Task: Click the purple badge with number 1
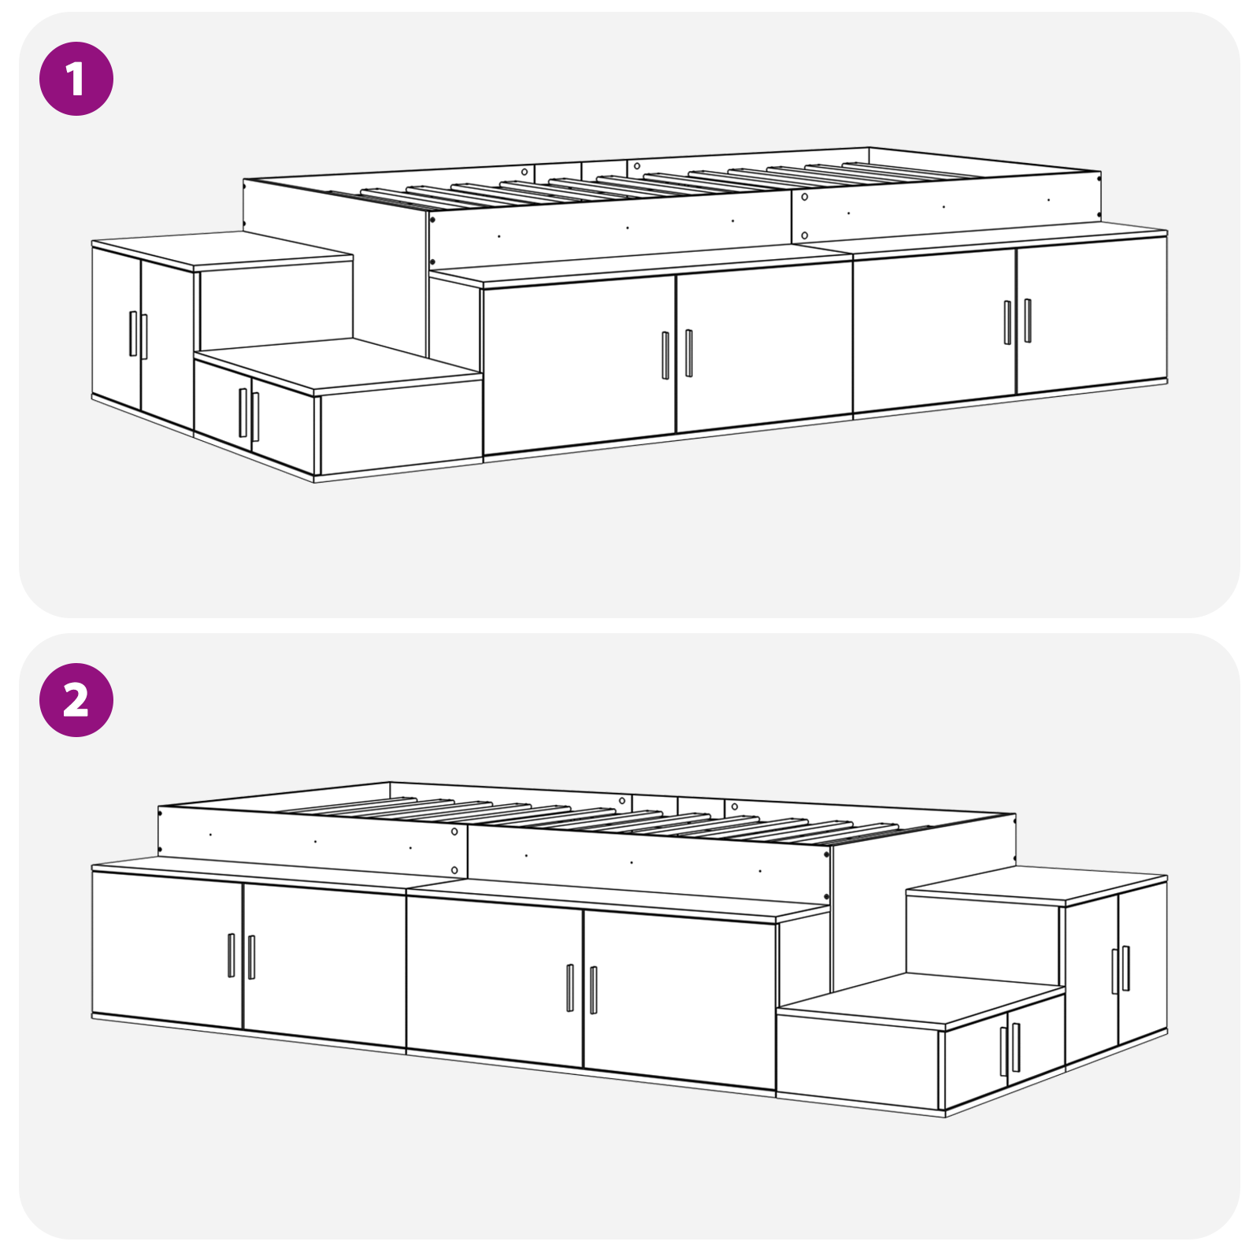tap(76, 79)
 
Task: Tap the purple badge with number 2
tap(76, 700)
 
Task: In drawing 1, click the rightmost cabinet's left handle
tap(1007, 322)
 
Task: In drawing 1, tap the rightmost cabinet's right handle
tap(1028, 321)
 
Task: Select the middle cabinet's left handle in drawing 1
tap(665, 355)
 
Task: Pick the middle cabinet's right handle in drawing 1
tap(689, 353)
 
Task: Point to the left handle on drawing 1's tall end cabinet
tap(133, 334)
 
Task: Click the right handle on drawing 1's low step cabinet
tap(255, 417)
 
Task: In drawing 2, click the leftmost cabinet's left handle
tap(232, 955)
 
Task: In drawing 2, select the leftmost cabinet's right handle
tap(252, 957)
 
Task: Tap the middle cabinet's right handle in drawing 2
tap(594, 990)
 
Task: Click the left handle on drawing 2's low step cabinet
tap(1004, 1051)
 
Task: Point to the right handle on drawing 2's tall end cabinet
tap(1126, 968)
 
